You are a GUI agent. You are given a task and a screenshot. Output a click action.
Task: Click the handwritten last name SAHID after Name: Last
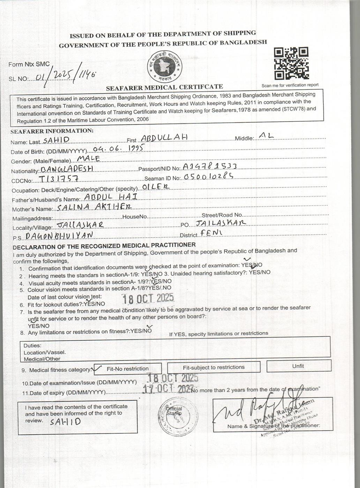55,140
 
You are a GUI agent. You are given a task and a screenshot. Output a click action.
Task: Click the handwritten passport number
210,167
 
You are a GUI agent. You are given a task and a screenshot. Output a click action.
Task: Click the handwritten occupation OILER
156,188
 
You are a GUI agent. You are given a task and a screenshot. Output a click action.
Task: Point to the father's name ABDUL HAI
111,197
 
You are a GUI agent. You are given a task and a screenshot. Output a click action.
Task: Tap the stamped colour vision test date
147,298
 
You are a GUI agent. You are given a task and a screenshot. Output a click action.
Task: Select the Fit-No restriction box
128,368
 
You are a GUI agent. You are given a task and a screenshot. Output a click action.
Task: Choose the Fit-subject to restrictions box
213,367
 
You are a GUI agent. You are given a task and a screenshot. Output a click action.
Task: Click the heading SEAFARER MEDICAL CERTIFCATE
164,87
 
